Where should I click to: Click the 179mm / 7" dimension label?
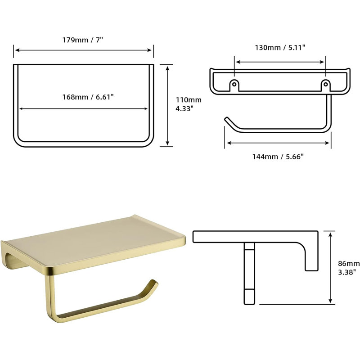[83, 40]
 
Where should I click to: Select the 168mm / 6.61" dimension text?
[88, 97]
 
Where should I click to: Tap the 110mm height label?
[189, 100]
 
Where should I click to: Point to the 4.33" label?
[183, 108]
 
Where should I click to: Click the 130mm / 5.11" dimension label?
[280, 48]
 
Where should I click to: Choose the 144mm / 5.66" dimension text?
[278, 157]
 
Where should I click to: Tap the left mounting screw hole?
[234, 84]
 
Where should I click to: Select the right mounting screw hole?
[325, 84]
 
